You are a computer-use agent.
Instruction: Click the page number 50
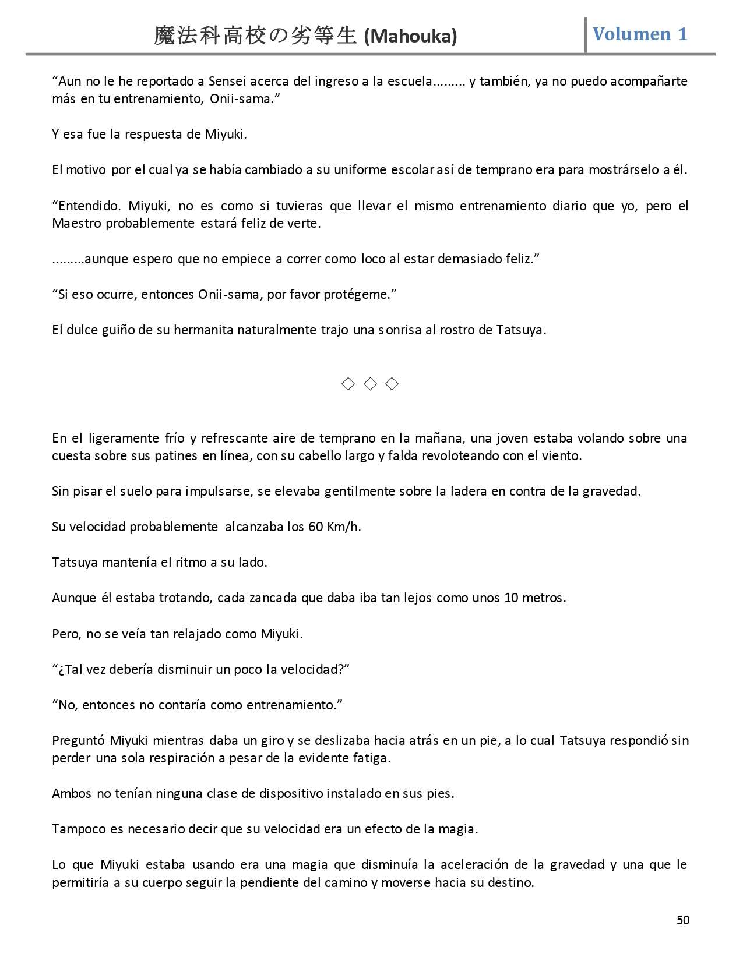point(683,920)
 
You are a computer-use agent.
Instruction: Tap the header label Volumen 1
point(640,34)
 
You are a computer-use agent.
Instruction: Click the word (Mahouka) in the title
point(410,37)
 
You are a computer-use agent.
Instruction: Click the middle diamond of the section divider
point(370,384)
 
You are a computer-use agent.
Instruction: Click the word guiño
point(118,330)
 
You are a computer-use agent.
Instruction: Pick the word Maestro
point(76,223)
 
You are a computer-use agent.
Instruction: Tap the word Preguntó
point(78,740)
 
